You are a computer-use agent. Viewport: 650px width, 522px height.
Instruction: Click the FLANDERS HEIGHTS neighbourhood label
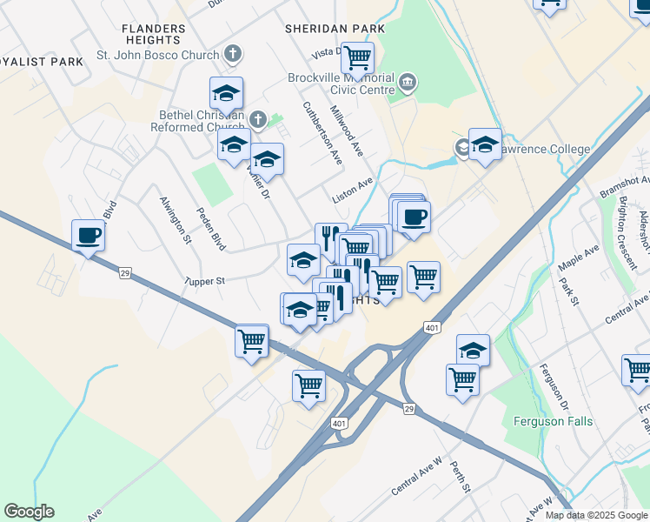[154, 35]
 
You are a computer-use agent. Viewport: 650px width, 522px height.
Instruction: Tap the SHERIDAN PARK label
[335, 29]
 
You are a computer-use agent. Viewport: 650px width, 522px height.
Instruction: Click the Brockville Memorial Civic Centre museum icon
[407, 84]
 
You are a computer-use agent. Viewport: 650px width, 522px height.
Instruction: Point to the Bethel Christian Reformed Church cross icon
[257, 119]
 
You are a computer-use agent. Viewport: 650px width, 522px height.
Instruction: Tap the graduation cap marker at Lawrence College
[485, 144]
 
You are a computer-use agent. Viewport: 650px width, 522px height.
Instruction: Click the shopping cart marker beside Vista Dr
[357, 58]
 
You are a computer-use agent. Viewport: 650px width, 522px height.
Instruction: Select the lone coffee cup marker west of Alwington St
[88, 235]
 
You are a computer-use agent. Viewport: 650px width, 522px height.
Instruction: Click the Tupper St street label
[204, 281]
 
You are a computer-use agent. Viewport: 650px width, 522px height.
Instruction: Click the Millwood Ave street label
[346, 132]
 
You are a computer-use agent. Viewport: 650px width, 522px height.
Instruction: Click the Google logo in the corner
[29, 512]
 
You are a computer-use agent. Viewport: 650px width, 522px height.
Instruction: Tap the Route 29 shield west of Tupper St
[125, 274]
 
